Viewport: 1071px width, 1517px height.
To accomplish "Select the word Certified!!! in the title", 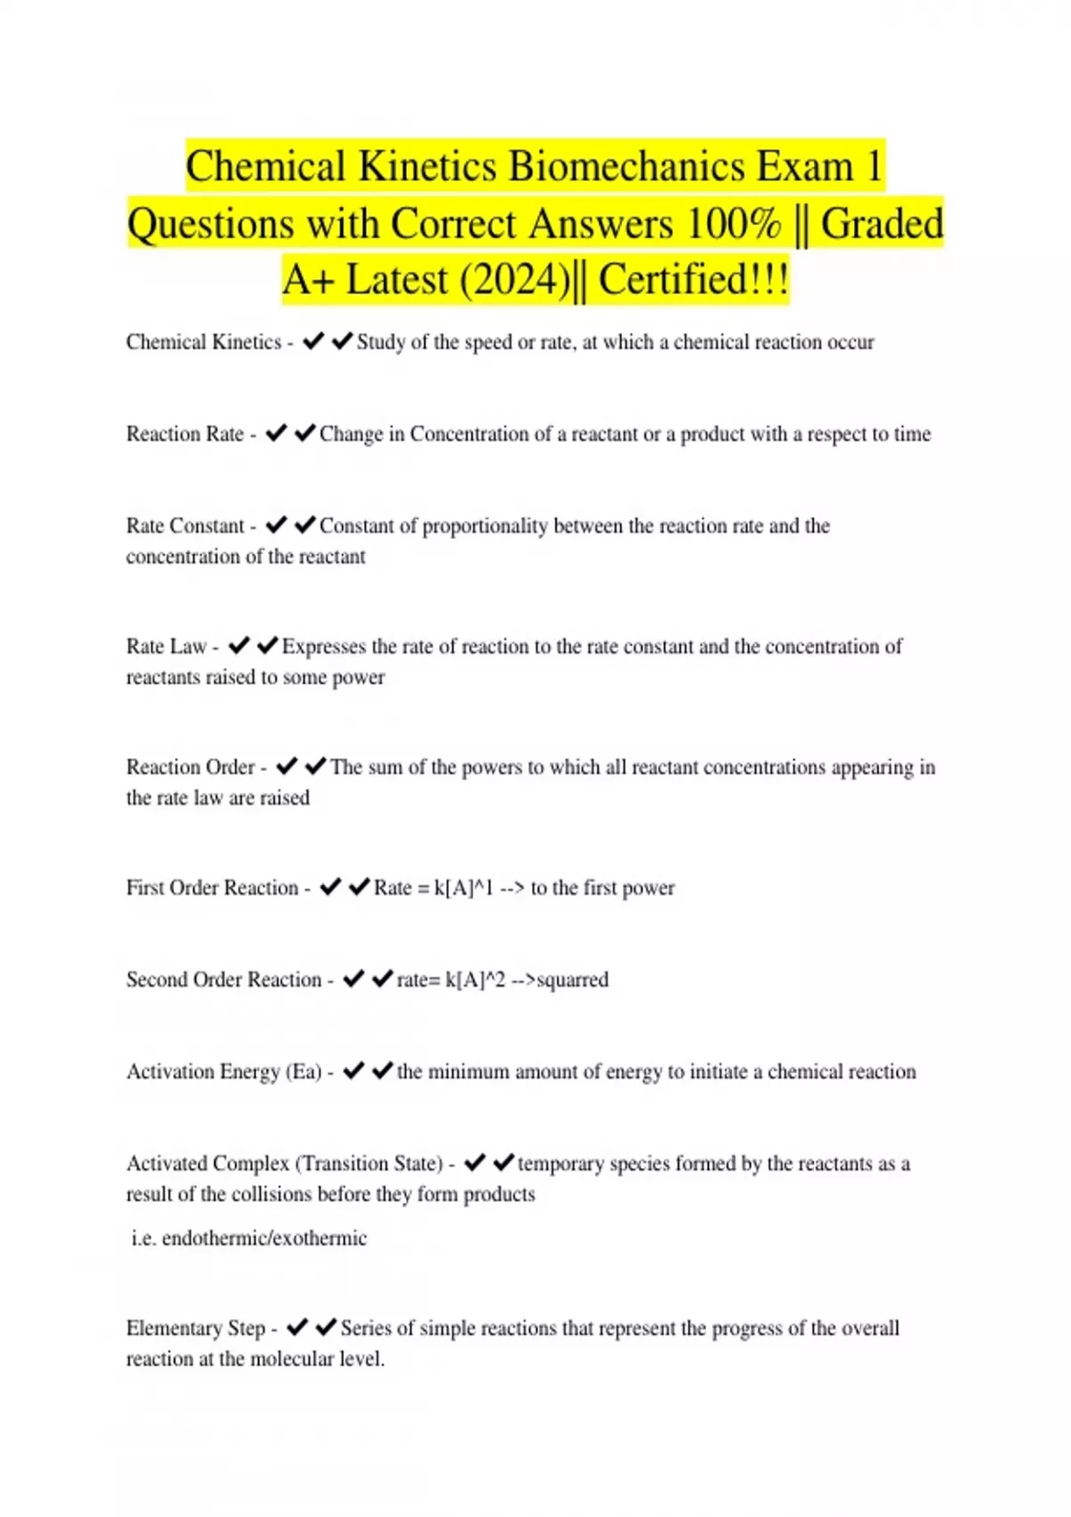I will tap(693, 279).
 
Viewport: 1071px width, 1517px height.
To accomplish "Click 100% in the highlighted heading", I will tap(733, 224).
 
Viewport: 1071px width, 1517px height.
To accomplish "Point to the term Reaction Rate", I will tap(185, 434).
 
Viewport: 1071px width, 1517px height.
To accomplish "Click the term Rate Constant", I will tap(185, 526).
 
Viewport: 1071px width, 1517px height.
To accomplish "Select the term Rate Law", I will tap(166, 646).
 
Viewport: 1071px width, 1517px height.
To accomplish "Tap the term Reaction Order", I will tap(190, 767).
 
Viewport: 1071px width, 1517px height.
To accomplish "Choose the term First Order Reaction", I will tap(212, 888).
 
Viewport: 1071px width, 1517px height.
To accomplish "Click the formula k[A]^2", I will tap(475, 980).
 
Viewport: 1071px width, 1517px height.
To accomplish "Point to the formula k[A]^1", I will tap(463, 888).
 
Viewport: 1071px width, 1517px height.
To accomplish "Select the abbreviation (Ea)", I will tap(303, 1072).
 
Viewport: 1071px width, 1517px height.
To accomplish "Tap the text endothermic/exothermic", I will tap(264, 1239).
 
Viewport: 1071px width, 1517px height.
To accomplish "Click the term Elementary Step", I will tap(195, 1329).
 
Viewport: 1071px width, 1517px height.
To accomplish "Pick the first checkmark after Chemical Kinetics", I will tap(312, 342).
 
